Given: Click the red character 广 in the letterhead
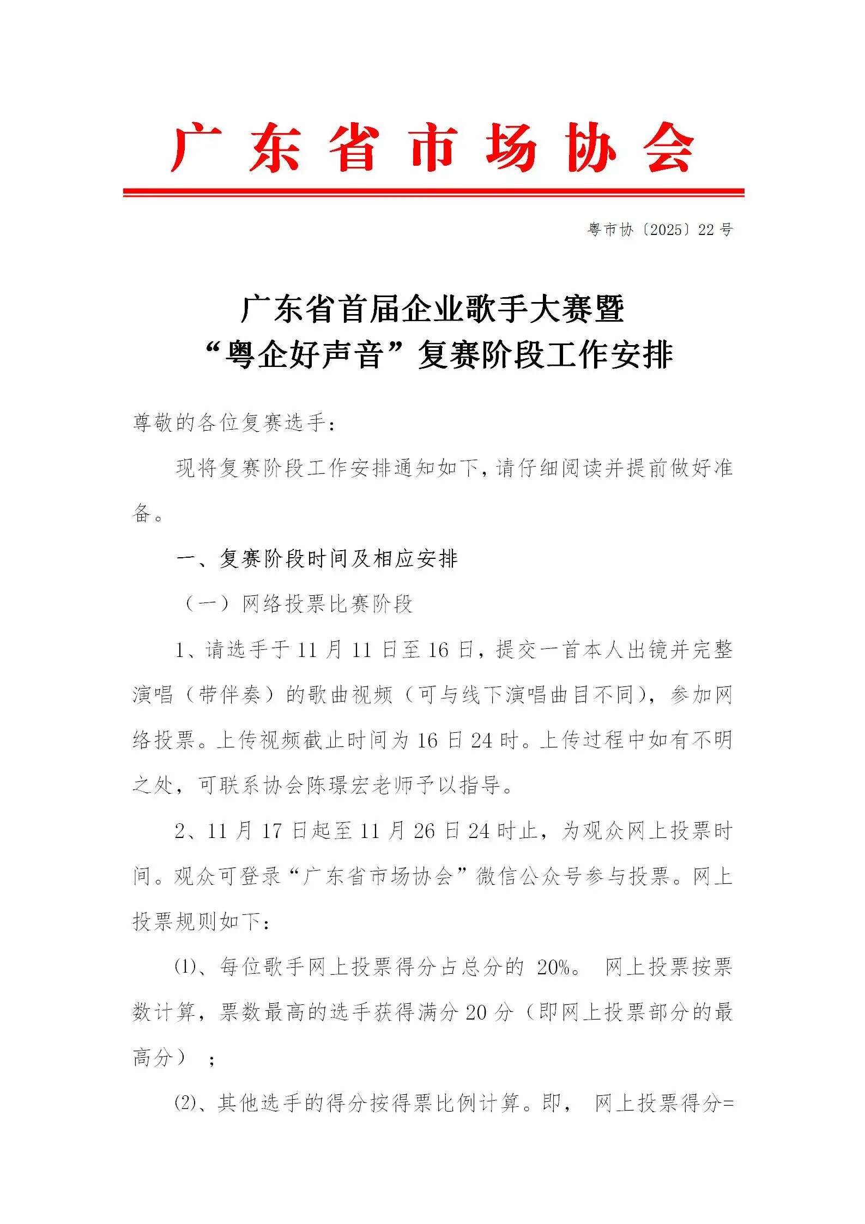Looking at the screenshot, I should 195,147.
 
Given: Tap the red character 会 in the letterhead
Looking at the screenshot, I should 668,147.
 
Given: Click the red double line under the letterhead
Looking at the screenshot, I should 433,192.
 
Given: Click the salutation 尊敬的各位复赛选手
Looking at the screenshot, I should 229,423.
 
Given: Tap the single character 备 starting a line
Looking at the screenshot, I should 142,513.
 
